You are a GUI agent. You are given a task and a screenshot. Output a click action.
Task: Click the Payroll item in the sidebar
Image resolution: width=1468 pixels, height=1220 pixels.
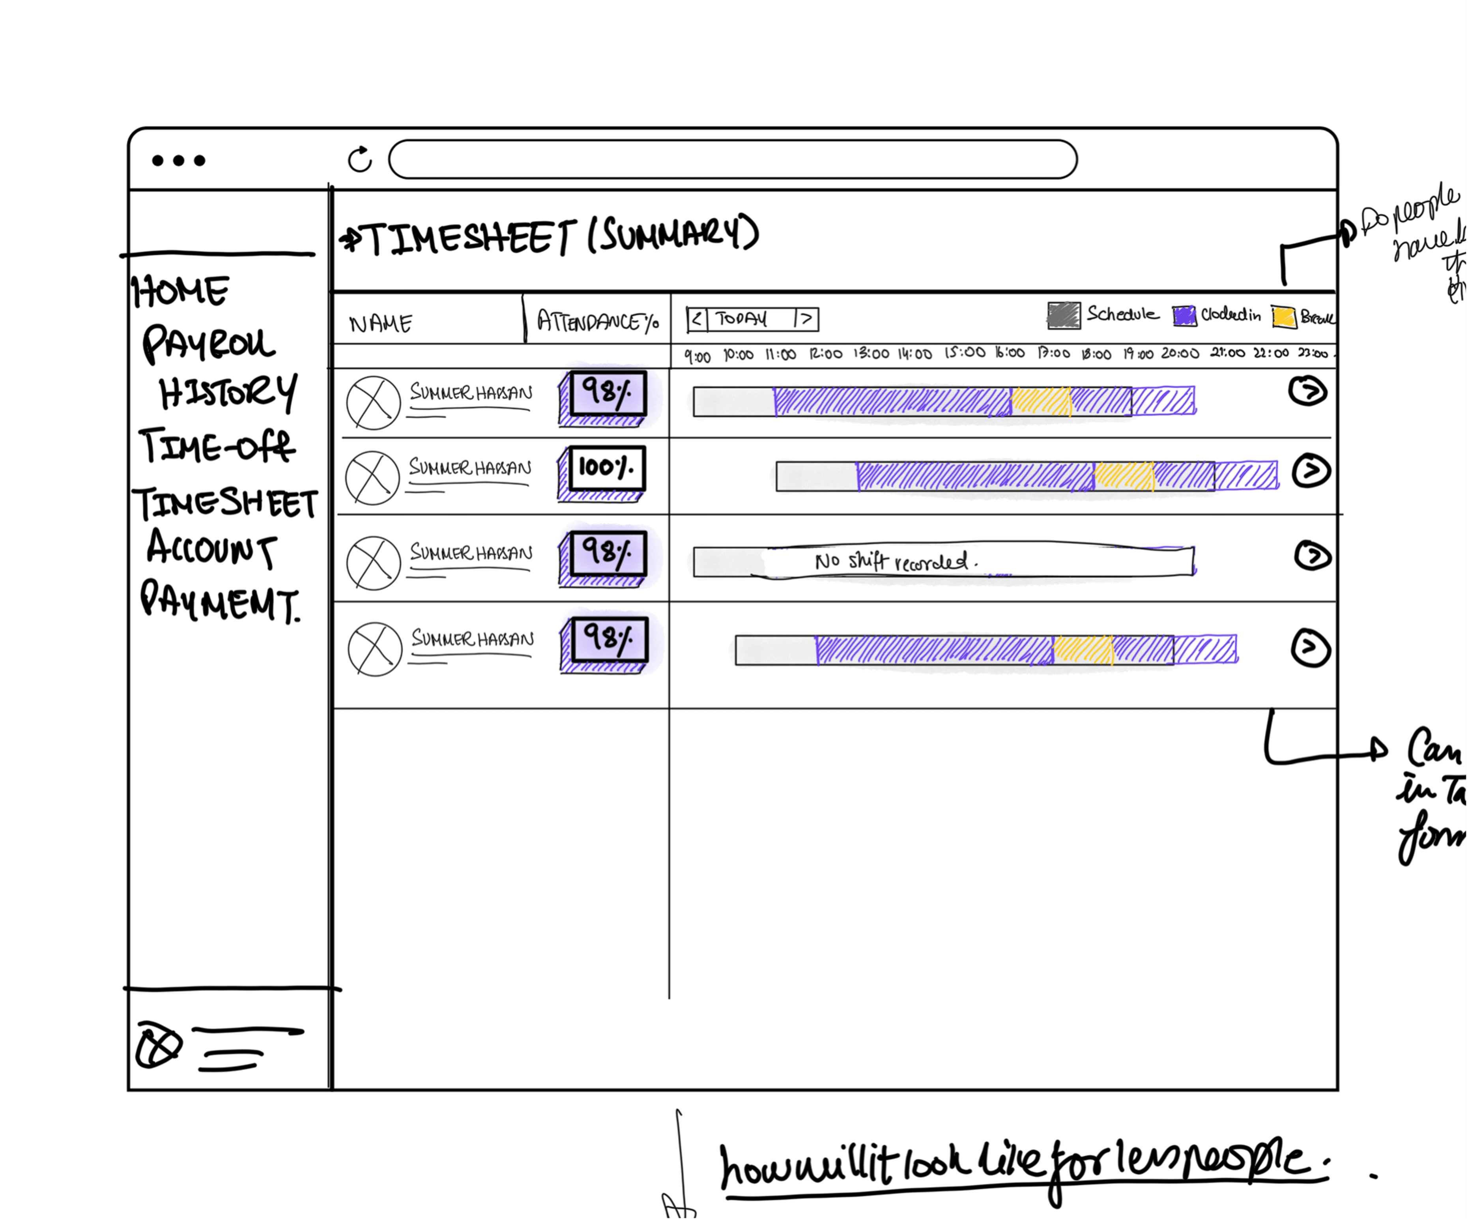208,344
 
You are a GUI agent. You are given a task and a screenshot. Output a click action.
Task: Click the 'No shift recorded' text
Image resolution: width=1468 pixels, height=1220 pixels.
895,561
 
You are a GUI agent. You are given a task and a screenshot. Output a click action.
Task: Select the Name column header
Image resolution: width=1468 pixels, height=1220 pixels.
381,324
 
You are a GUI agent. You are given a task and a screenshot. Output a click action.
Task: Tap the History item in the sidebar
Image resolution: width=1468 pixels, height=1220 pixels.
227,393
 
